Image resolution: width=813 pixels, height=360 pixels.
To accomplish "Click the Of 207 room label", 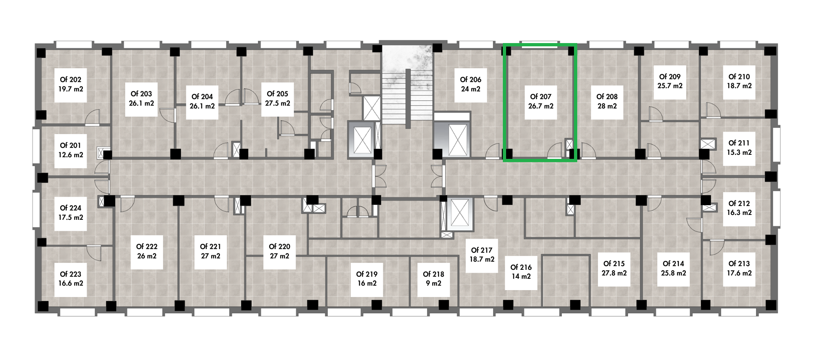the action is tap(541, 97).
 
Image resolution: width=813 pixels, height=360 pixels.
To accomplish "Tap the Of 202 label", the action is tap(71, 80).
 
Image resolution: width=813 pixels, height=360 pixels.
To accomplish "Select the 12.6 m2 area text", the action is tap(71, 155).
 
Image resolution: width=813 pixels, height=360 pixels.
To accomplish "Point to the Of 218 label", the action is tap(433, 274).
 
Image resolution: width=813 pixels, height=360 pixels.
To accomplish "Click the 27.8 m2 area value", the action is tap(614, 273).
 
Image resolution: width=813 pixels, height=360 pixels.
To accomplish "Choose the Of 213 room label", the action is tap(739, 264).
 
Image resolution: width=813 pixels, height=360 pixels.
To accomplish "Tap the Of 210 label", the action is tap(739, 77).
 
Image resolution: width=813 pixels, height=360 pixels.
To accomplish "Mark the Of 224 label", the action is tap(71, 208).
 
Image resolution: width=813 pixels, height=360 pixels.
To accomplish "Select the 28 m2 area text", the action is tap(607, 106).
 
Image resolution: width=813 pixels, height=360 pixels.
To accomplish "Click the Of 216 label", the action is tap(521, 267).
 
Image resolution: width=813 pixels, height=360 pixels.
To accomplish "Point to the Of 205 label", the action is tap(278, 94).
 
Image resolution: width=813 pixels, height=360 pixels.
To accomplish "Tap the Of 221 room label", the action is tap(211, 247).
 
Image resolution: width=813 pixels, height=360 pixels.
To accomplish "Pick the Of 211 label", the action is tap(739, 143).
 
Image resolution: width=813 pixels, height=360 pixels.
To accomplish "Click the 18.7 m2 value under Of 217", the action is tap(482, 259).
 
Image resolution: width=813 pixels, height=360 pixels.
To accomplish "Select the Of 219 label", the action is tap(367, 274).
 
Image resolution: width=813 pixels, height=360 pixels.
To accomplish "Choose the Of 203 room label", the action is tap(141, 94).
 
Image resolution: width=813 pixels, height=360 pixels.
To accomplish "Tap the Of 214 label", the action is tap(674, 264).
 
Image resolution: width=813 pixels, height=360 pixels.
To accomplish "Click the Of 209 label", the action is tap(670, 77).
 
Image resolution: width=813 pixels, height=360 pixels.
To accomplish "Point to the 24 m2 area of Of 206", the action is tap(471, 89).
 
